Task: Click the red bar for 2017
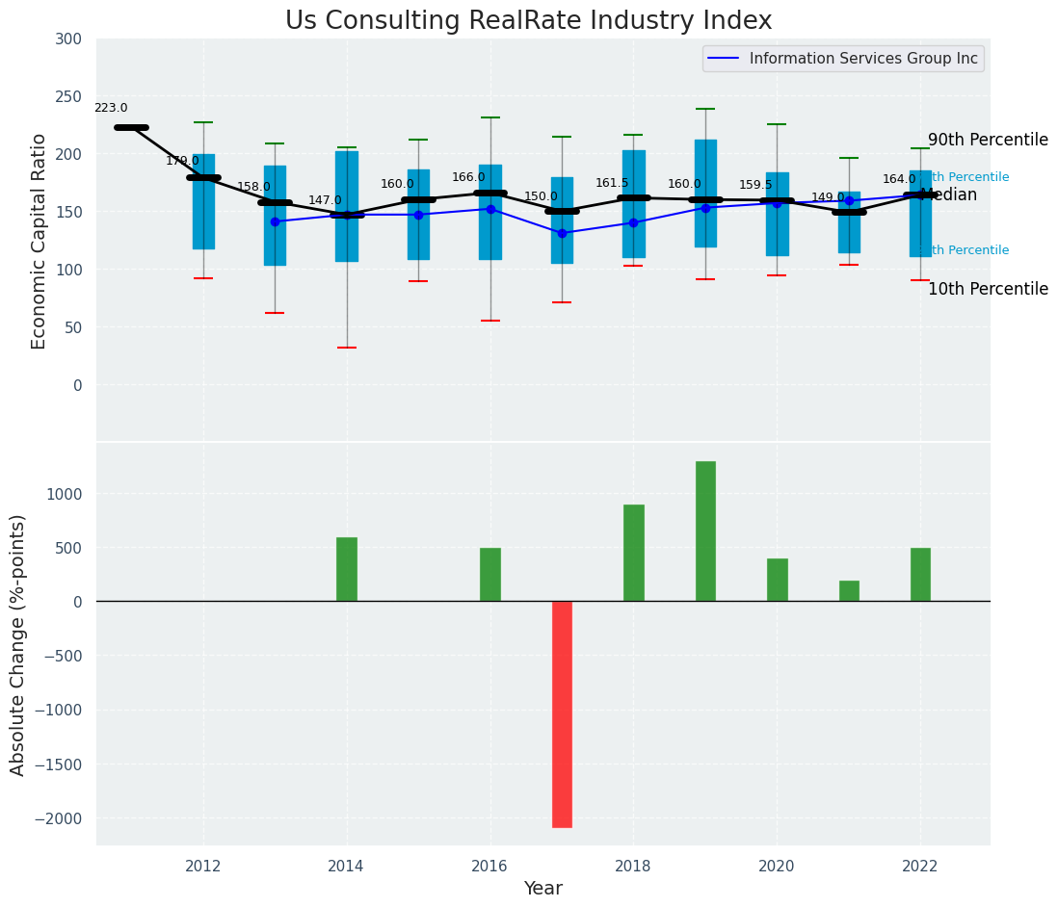562,713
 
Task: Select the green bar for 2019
705,531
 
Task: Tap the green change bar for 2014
347,569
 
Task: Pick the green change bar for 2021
849,591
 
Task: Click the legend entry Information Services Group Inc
862,59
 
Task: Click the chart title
528,21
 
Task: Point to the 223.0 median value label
111,109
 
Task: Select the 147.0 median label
325,201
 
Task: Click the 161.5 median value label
612,184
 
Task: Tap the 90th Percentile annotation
988,141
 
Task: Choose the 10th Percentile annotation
988,290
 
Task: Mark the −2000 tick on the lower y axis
64,818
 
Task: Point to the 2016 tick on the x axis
489,866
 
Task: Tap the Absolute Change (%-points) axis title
18,644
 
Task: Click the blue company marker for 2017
562,233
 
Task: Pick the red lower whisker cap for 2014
347,348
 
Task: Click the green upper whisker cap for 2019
705,109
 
